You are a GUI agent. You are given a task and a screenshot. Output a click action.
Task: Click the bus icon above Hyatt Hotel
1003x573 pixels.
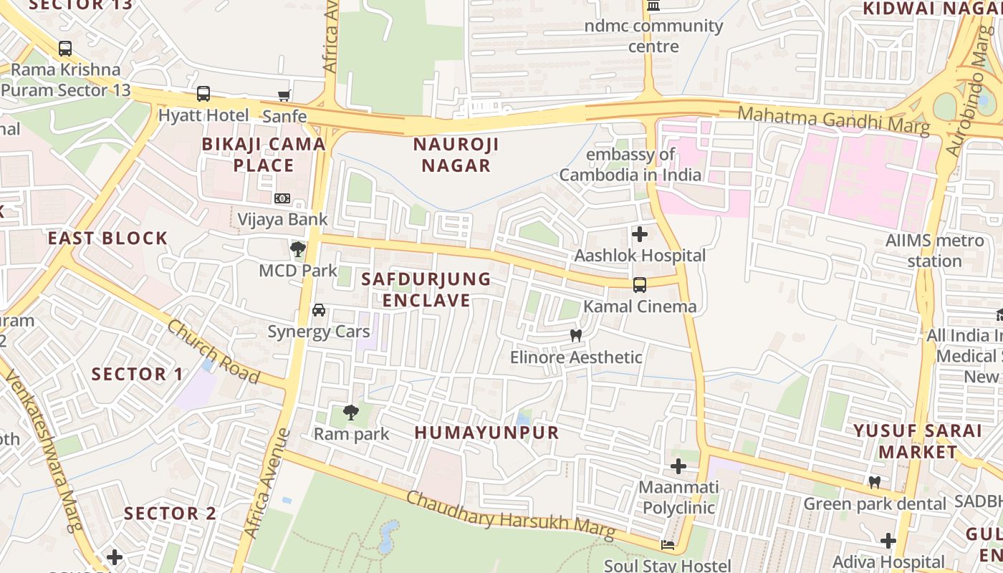[x=203, y=94]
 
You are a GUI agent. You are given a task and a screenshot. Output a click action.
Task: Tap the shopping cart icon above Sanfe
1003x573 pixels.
[x=284, y=95]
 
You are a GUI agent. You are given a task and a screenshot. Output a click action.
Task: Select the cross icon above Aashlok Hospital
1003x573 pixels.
[x=640, y=234]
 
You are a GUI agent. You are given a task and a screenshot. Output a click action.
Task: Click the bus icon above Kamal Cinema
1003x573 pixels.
[x=640, y=285]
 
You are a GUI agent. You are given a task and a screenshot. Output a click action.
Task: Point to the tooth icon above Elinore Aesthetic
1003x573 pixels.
[x=575, y=335]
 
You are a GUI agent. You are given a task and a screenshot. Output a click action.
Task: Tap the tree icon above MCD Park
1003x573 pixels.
[x=298, y=249]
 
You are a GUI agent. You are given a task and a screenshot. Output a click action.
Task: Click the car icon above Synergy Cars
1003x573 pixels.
[x=319, y=310]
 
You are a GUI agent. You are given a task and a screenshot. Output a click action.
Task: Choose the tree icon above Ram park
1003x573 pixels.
[x=351, y=412]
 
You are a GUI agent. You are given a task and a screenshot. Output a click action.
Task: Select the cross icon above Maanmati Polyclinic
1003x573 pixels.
[x=678, y=467]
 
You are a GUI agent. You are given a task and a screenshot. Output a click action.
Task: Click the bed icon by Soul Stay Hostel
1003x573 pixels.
[x=668, y=545]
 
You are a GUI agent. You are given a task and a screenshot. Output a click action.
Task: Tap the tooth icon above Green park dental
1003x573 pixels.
[x=874, y=482]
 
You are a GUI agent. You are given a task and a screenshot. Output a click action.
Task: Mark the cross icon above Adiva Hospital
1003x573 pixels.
[x=888, y=540]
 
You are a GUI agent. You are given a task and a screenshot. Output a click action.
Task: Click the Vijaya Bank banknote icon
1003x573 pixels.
[x=282, y=198]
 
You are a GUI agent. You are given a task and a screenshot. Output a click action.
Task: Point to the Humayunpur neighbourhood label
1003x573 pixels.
[x=486, y=433]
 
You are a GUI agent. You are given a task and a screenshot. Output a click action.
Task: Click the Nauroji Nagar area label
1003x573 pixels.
[x=456, y=155]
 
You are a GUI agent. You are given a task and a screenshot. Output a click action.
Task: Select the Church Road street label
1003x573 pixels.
[x=213, y=351]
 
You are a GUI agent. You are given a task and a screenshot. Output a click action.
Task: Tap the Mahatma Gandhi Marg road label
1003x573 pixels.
[x=833, y=120]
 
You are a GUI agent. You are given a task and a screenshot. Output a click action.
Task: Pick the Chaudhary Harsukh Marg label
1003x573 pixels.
[x=511, y=516]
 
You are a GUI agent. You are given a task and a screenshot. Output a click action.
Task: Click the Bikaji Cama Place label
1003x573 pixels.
[x=264, y=155]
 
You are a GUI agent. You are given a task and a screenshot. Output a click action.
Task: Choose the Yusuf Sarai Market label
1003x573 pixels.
[x=917, y=441]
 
